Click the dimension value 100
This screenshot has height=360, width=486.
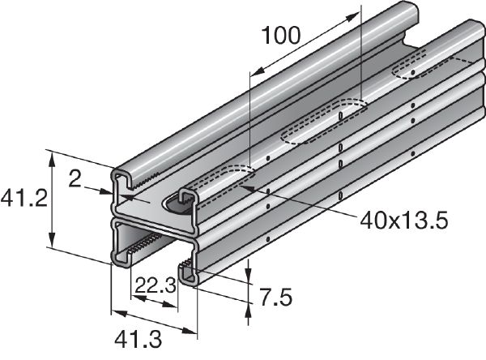point(280,35)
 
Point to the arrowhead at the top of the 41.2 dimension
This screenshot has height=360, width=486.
point(53,156)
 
